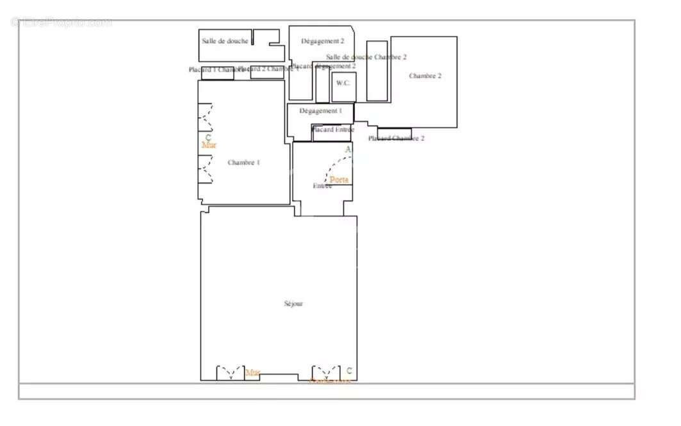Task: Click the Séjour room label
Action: coord(293,304)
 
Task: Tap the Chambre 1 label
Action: coord(243,163)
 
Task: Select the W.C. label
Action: coord(343,83)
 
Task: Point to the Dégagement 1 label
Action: coord(320,111)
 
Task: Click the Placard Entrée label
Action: coord(332,129)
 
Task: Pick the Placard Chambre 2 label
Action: coord(396,138)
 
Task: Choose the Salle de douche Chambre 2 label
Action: coord(366,57)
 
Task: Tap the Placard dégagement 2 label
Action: coord(324,66)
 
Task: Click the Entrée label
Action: coord(322,186)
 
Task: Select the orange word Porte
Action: coord(339,180)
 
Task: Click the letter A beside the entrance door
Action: coord(349,150)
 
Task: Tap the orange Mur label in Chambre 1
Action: coord(209,145)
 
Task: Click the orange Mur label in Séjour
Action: coord(253,372)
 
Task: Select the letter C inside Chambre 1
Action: coord(208,137)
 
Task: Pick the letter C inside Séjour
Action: coord(349,371)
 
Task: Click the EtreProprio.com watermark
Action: coord(62,22)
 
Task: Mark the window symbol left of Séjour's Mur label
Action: coord(230,373)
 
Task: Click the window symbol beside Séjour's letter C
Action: coord(325,373)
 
